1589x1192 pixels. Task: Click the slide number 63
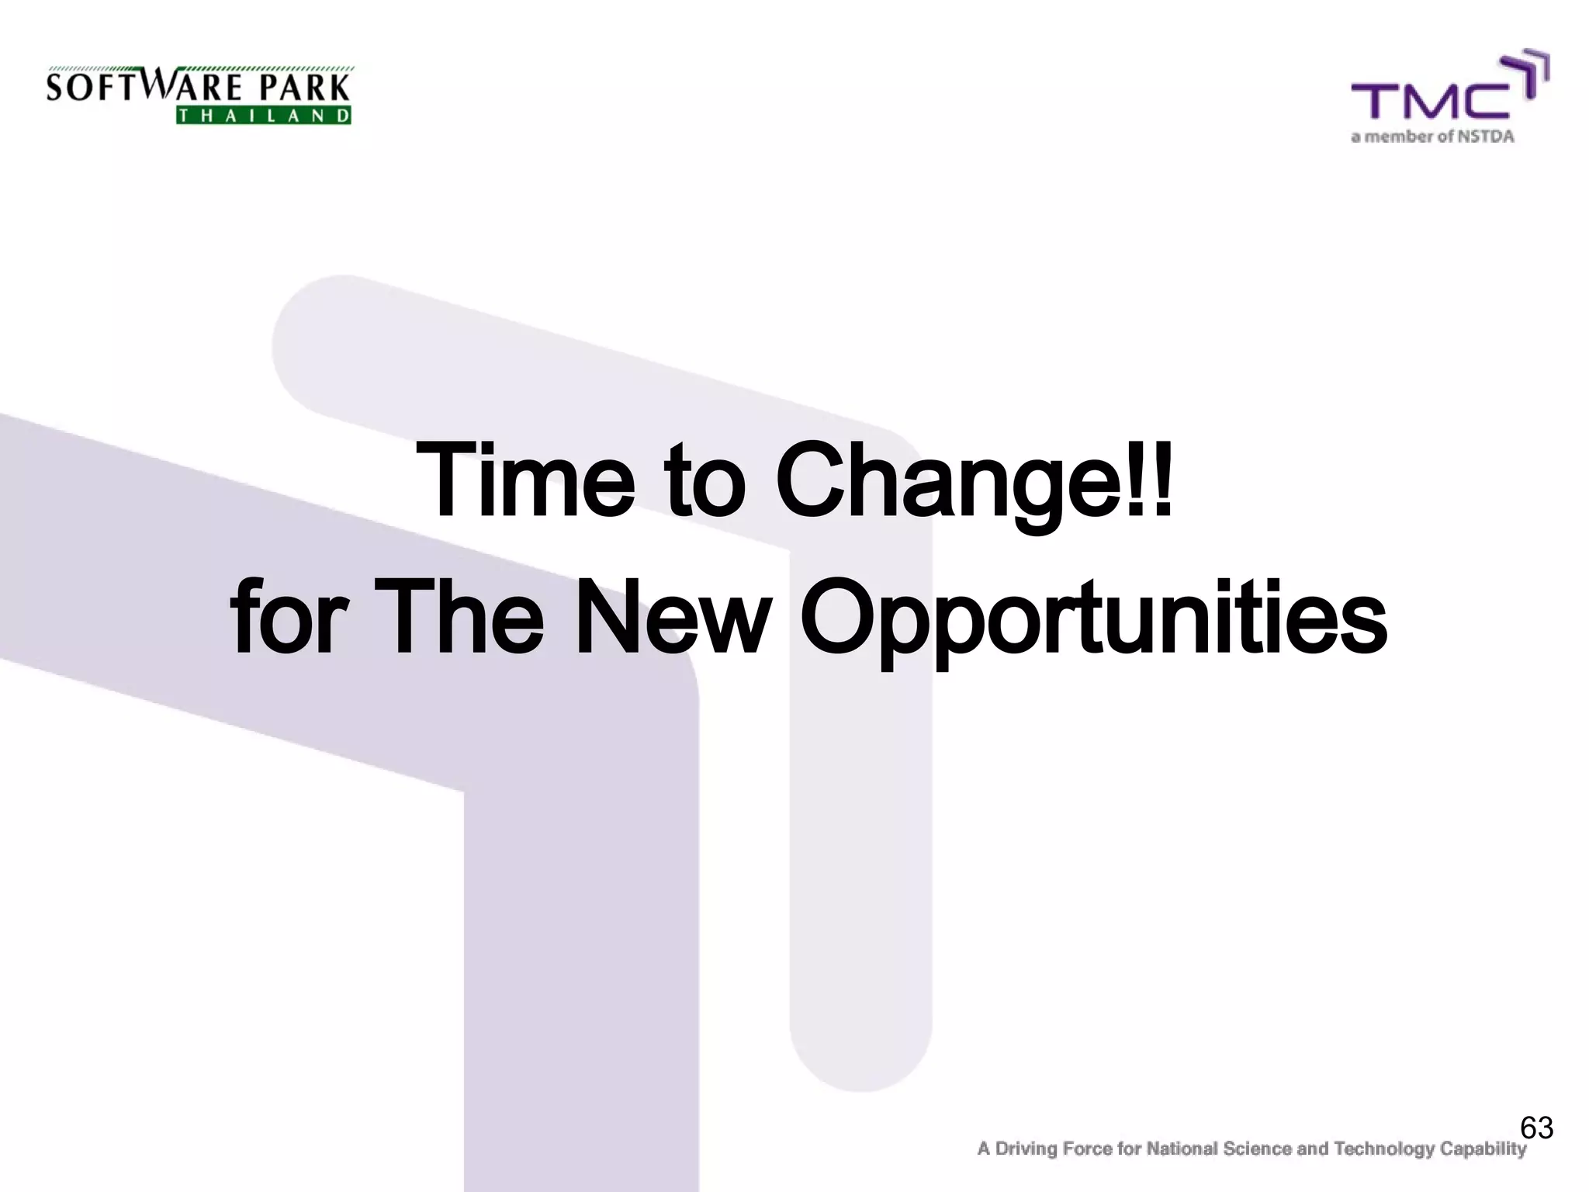click(x=1536, y=1128)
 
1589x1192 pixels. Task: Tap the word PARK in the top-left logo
click(x=304, y=88)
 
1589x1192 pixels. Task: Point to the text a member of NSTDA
click(x=1432, y=137)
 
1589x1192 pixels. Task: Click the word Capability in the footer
click(x=1483, y=1149)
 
